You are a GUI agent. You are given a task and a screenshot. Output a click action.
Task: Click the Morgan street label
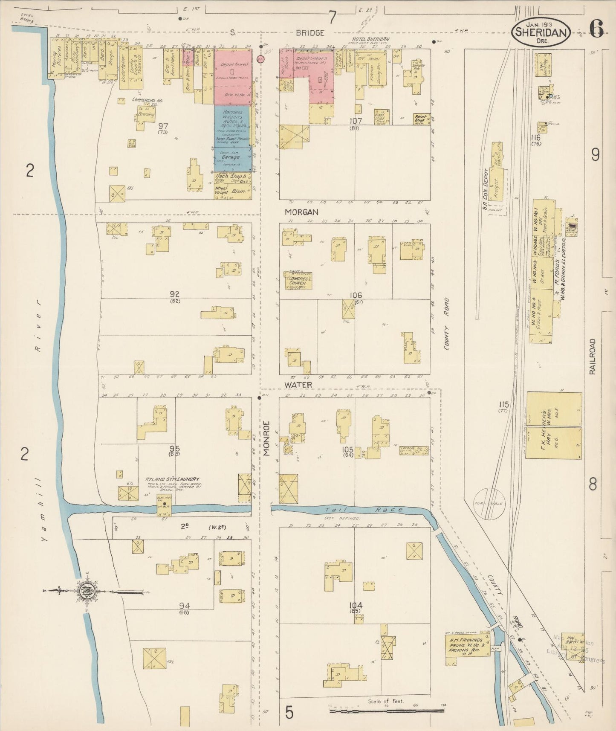(x=302, y=212)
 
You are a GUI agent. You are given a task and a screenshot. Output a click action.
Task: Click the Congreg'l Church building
(x=298, y=281)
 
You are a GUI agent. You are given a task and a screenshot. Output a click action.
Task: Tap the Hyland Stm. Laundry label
(x=172, y=479)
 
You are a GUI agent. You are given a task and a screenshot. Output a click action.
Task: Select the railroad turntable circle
(x=490, y=504)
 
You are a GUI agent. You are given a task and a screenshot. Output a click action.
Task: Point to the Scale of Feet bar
(x=387, y=711)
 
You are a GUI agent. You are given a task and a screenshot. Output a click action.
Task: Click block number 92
(x=174, y=294)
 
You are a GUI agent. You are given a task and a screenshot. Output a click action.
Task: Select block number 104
(x=355, y=606)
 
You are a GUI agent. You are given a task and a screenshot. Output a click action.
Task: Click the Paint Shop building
(x=422, y=119)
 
